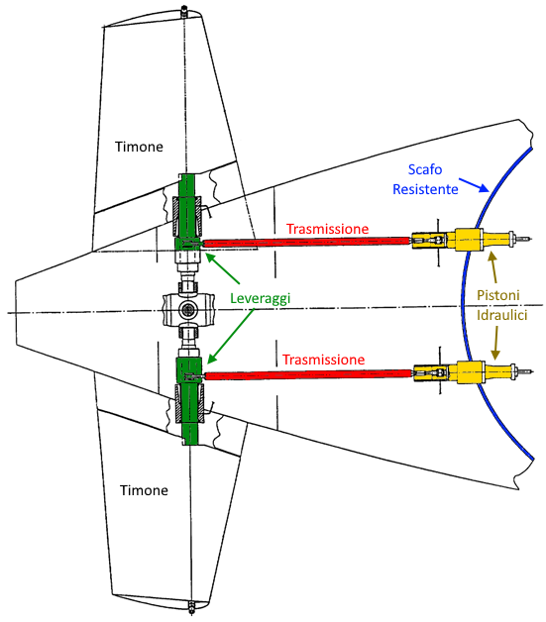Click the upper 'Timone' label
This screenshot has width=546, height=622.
click(139, 147)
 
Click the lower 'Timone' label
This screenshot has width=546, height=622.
click(144, 490)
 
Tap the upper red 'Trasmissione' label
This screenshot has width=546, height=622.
click(327, 229)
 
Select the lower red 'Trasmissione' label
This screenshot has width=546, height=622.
click(323, 360)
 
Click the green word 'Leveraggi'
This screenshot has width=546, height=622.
click(261, 298)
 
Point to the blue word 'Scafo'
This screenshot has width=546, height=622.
click(425, 169)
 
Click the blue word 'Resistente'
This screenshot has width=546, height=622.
click(425, 189)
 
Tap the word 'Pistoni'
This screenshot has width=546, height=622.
click(498, 295)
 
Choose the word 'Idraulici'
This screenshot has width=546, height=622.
click(502, 315)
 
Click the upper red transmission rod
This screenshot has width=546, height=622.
click(306, 242)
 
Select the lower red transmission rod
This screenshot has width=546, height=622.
click(308, 374)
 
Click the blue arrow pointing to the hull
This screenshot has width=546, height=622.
click(474, 185)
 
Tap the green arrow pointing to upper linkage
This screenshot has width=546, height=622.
click(223, 268)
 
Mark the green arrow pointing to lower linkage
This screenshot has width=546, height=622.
click(231, 336)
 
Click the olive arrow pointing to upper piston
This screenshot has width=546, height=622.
click(492, 267)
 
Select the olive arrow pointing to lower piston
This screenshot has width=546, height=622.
click(495, 344)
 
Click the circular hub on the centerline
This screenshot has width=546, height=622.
click(187, 310)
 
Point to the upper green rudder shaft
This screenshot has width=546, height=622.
click(187, 212)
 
